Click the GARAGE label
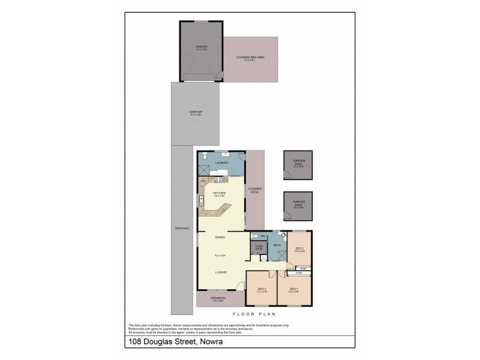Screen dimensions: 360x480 click(201, 46)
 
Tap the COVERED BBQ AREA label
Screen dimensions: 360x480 click(250, 58)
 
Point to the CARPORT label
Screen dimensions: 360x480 click(196, 112)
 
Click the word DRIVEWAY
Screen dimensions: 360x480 click(182, 229)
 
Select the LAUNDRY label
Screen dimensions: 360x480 click(221, 163)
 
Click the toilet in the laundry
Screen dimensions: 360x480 click(205, 156)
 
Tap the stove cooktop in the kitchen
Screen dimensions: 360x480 click(218, 179)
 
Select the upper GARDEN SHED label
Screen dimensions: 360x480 click(298, 162)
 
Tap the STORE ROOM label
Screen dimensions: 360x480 click(259, 247)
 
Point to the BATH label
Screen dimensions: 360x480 click(277, 245)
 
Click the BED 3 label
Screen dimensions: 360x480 click(299, 248)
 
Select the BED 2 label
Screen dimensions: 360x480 click(262, 290)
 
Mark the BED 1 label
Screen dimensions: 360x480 click(294, 290)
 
